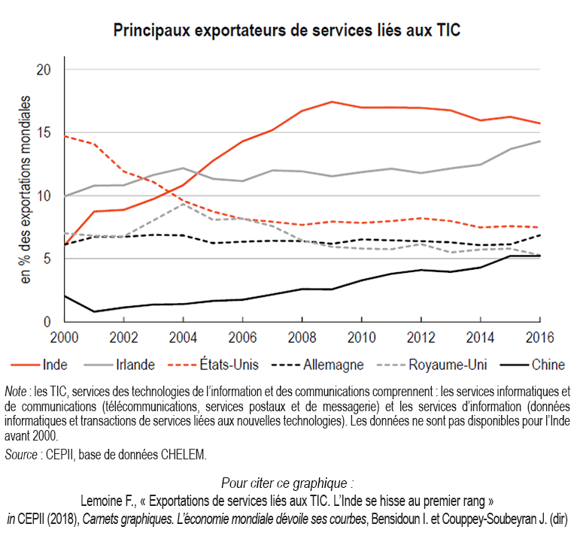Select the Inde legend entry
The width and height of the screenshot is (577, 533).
click(x=55, y=365)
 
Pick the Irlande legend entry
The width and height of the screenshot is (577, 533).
click(x=136, y=365)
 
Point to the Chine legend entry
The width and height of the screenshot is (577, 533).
click(x=548, y=365)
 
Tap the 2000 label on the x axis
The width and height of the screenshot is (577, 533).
click(x=65, y=337)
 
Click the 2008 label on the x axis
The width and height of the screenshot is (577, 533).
click(x=302, y=337)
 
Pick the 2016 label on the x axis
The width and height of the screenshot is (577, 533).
click(x=539, y=337)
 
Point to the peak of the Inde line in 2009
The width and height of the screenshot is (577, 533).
click(x=332, y=101)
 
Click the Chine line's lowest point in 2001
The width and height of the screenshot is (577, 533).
click(x=94, y=311)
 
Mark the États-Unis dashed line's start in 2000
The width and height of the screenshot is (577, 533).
click(x=65, y=136)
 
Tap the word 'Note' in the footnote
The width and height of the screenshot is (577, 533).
click(x=14, y=391)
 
